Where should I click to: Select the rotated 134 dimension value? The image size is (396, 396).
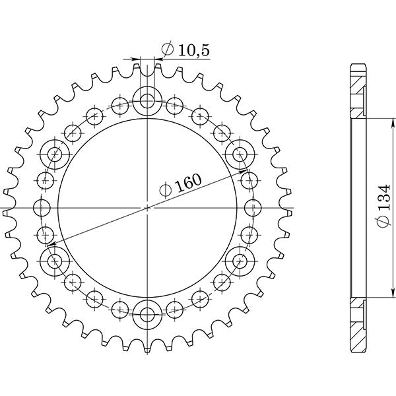[x=383, y=205]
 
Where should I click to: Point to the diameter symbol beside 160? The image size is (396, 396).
[x=166, y=192]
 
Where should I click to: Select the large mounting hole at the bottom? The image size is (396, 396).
[x=147, y=313]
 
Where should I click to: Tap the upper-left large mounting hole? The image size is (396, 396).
[x=55, y=154]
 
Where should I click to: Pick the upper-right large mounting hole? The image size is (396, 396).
[x=238, y=154]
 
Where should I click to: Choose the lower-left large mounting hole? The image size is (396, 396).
[x=55, y=260]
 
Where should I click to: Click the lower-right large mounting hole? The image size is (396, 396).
[x=238, y=260]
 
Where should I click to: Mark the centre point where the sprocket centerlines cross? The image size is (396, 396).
[x=147, y=207]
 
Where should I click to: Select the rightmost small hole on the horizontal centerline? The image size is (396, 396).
[x=250, y=207]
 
